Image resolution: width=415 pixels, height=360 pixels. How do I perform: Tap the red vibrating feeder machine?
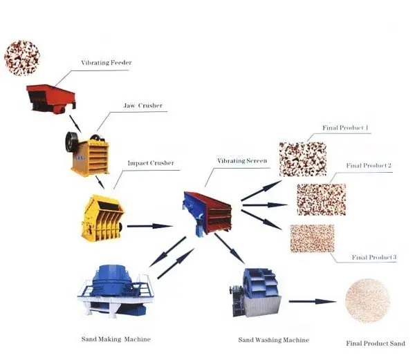point(50,97)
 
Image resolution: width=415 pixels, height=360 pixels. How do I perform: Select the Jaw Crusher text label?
point(143,106)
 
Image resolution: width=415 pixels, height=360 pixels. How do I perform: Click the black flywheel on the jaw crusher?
point(71,142)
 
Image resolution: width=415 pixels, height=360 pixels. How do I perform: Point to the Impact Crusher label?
point(151,164)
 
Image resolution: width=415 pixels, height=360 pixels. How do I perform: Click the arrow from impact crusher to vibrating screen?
point(149,226)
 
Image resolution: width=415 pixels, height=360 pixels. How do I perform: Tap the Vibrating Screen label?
point(242,161)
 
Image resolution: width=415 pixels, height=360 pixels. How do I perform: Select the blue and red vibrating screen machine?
point(207,211)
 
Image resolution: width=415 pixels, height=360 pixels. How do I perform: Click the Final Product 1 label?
point(345,128)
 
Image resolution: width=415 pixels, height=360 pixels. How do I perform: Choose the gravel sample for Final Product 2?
point(321,200)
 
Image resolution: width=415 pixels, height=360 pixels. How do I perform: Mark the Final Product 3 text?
point(374,258)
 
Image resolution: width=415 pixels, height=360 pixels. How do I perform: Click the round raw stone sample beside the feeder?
point(22,58)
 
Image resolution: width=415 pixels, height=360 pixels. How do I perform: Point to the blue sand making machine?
point(115,290)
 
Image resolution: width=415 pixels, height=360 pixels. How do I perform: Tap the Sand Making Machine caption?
point(116,339)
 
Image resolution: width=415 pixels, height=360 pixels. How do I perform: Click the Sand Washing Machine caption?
point(274,340)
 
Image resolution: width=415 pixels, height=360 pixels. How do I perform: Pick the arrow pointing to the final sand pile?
point(311,301)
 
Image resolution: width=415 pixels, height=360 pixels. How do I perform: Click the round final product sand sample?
point(367,301)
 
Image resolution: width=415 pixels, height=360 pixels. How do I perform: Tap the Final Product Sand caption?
point(375,343)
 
